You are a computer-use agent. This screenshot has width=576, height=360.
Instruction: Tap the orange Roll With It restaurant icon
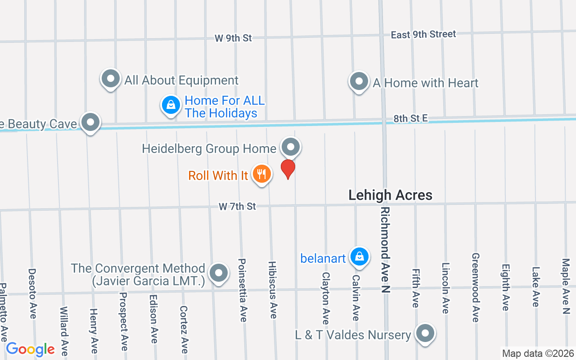pos(261,174)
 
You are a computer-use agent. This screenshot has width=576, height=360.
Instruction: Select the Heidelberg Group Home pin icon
pos(291,147)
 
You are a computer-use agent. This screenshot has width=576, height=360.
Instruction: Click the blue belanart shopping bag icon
pos(359,257)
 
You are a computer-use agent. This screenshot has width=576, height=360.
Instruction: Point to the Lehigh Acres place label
pos(390,195)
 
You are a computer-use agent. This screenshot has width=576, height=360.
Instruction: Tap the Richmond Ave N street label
pos(385,250)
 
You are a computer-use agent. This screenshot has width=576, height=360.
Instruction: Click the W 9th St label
pos(233,38)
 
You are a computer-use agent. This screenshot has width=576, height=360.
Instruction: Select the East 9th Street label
pos(423,34)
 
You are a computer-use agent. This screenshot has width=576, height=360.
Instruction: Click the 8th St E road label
pos(410,119)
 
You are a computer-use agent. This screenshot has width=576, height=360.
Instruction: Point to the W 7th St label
pos(237,206)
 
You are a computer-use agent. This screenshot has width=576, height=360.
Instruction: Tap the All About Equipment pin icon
pos(111,79)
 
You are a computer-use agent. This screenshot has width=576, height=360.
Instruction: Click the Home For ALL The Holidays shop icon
pos(171,106)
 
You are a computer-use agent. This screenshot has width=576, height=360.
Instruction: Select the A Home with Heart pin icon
pos(359,82)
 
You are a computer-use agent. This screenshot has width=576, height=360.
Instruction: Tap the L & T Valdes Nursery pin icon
pos(425,334)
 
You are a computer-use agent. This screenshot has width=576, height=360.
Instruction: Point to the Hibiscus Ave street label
pos(272,290)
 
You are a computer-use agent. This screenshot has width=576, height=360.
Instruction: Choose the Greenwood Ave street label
pos(475,287)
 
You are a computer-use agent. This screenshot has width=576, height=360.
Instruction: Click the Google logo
pos(30,349)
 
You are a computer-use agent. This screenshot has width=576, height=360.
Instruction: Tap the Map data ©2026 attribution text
pos(538,353)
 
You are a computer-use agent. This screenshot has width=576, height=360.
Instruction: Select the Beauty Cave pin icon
pos(90,122)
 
